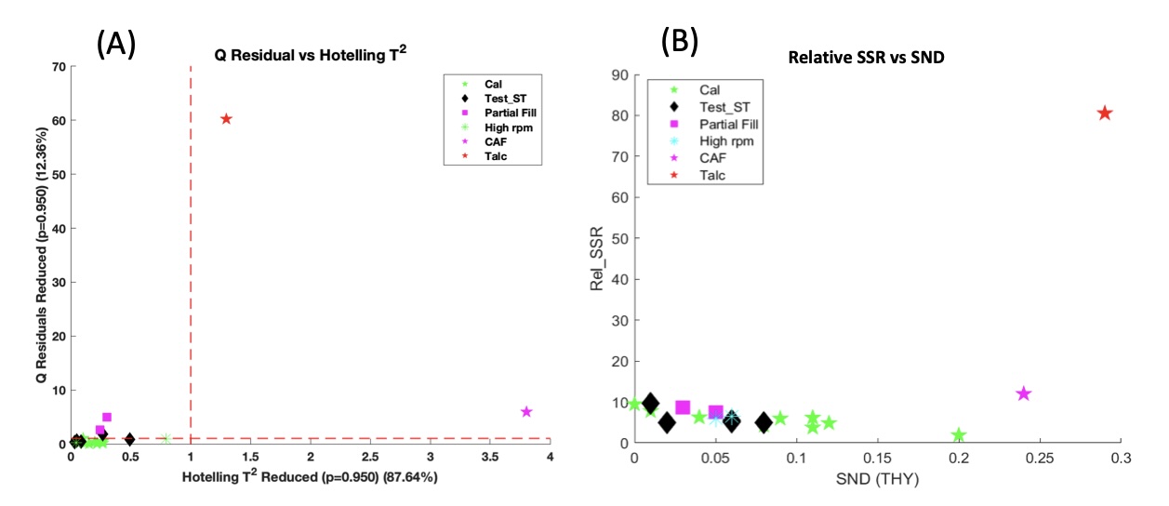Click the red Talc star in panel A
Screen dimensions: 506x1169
coord(226,119)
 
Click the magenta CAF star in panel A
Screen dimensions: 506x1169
coord(526,411)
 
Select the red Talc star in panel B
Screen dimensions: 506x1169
coord(1105,113)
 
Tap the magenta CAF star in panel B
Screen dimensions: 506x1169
coord(1024,393)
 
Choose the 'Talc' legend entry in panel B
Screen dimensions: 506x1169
coord(712,174)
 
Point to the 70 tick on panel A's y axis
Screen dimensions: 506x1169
coord(58,67)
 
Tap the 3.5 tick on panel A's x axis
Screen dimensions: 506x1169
coord(489,457)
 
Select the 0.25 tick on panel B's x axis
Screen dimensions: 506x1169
coord(1039,459)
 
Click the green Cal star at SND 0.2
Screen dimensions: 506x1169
coord(959,435)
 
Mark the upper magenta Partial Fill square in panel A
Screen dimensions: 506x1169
coord(107,418)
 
